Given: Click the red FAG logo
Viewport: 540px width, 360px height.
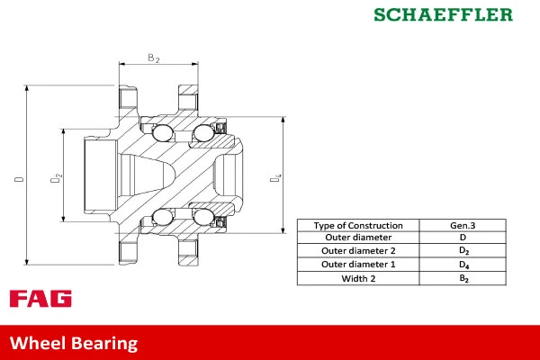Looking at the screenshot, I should (40, 299).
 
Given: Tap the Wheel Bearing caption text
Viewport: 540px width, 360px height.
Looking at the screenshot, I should (74, 343).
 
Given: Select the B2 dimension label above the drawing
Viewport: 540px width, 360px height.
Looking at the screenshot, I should (153, 58).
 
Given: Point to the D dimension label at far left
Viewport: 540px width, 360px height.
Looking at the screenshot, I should (19, 179).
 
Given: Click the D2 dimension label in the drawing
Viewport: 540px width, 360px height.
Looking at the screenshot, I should (56, 179).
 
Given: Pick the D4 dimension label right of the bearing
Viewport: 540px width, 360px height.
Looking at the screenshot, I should (277, 179).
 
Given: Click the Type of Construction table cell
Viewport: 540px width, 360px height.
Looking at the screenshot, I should (359, 225).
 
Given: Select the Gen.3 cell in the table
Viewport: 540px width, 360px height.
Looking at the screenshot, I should (463, 225).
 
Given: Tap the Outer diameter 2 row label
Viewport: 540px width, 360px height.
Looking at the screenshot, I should (359, 251).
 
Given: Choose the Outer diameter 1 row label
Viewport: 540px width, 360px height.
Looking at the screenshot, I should (359, 265).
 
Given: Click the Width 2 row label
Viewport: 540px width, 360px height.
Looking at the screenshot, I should (359, 278).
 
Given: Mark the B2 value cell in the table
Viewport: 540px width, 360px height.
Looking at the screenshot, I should (463, 278).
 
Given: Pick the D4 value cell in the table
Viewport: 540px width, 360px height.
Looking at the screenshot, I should (463, 265).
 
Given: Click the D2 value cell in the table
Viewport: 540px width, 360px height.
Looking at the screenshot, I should (463, 251).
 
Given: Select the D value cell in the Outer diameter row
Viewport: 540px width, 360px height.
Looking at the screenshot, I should (463, 238).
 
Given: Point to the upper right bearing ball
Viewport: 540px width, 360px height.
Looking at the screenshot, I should (202, 134).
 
